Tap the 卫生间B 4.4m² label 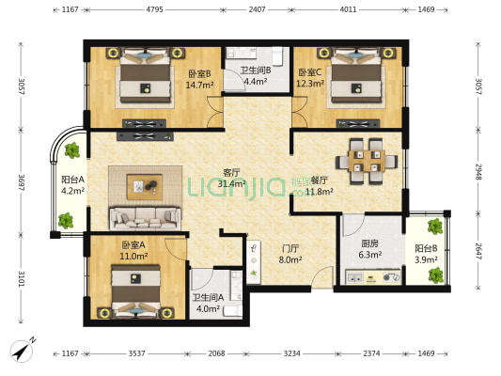coord(256,75)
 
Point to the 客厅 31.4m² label coord(231,179)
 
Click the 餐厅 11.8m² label coord(320,186)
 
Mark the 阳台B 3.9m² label coord(425,254)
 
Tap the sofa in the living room coord(148,218)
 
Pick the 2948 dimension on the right coord(478,173)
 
